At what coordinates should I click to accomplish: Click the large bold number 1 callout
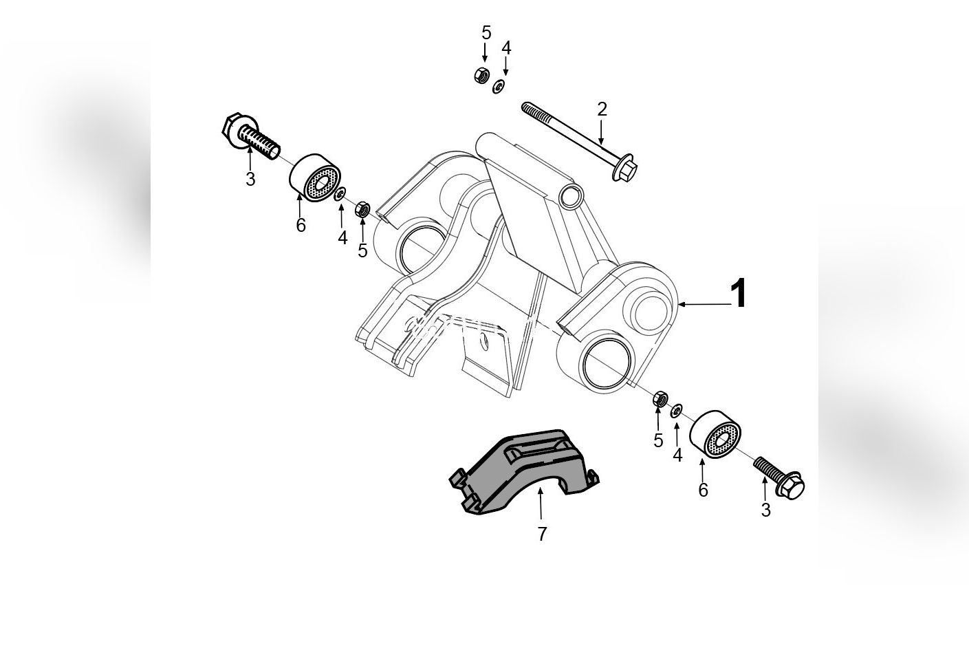point(738,294)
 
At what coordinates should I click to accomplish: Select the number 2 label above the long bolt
point(602,109)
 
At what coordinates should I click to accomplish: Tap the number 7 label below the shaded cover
point(542,533)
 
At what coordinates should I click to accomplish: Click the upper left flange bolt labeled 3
point(249,134)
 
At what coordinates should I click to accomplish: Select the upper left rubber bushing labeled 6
point(315,178)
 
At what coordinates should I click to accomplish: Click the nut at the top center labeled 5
point(481,75)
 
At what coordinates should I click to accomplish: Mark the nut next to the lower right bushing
point(660,398)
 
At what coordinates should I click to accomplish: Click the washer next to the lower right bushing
point(677,411)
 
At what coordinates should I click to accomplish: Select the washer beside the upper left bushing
point(340,195)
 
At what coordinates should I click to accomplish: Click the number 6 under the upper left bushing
point(301,225)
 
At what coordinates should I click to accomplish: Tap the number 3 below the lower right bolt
point(765,510)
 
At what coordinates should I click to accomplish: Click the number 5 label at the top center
point(486,32)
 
